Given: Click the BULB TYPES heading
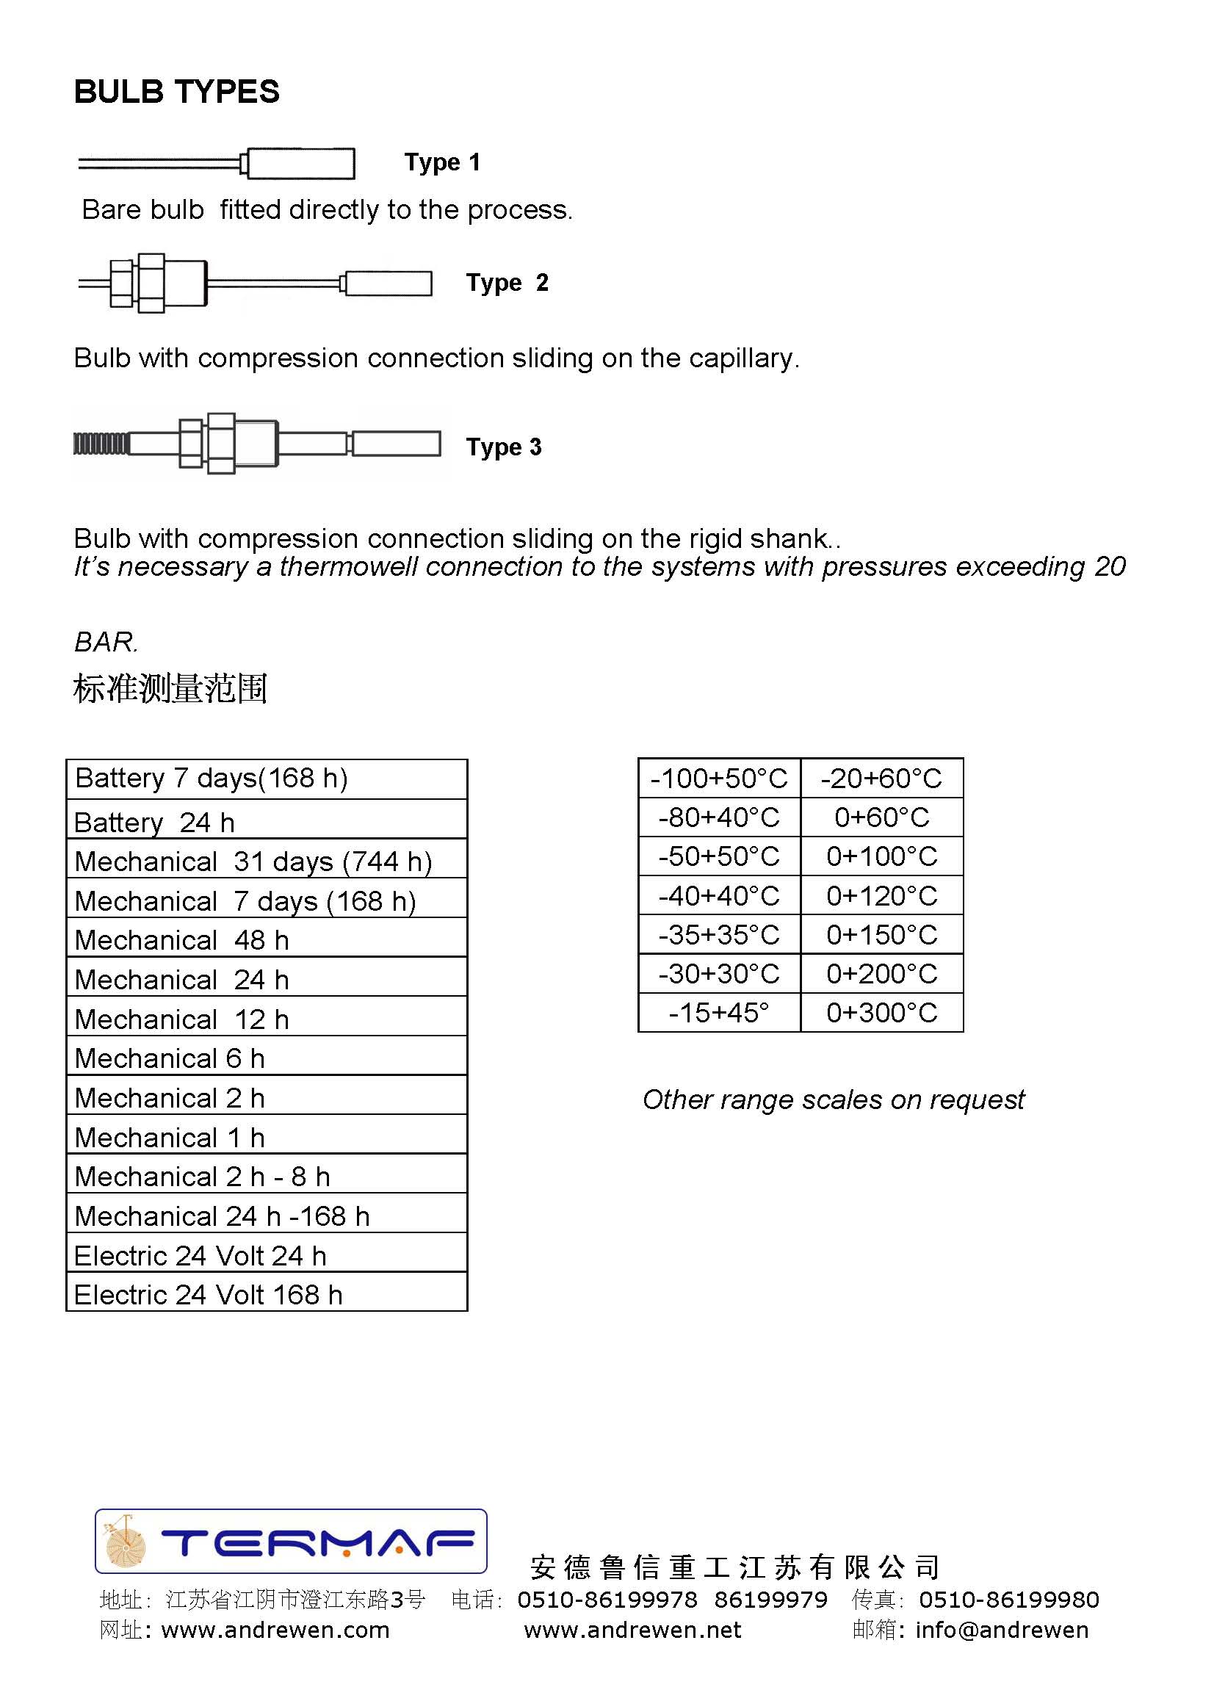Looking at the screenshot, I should point(176,92).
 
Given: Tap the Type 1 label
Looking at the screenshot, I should point(442,162).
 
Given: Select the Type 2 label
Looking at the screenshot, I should point(507,283).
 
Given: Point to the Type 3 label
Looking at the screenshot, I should point(503,447).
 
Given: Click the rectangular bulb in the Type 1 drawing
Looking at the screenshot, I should point(300,164).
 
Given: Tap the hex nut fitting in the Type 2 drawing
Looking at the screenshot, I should point(150,283).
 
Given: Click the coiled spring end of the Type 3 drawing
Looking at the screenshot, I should point(101,444).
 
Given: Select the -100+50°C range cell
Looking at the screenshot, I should point(718,779).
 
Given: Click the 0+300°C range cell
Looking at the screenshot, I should point(881,1013).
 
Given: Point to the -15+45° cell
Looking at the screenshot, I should point(718,1013).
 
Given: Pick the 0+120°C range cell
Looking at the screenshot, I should point(881,895).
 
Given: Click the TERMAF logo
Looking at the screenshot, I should point(291,1542).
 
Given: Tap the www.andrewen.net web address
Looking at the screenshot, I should point(632,1630).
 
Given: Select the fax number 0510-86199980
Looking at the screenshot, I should point(1008,1600).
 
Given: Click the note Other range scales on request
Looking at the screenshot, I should point(833,1099).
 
